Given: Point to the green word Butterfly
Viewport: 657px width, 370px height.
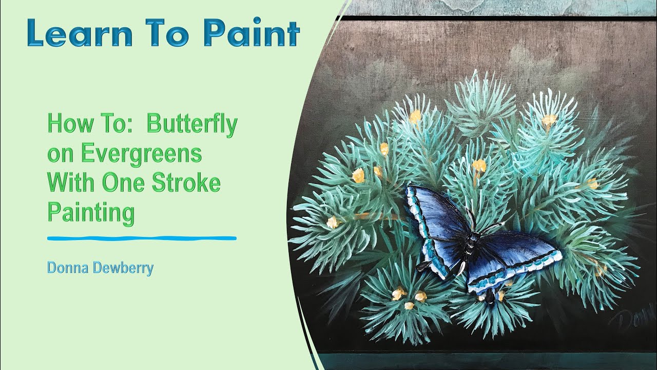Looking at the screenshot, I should [192, 124].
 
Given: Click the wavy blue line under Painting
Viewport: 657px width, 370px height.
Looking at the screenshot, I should [142, 238].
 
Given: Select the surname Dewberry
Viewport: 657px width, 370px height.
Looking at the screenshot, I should [123, 268].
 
